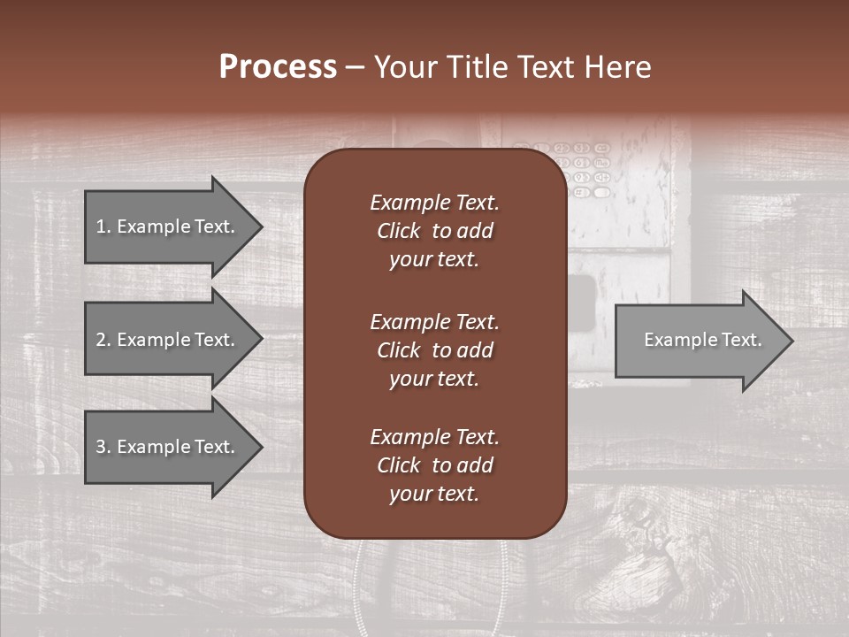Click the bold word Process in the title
coord(278,67)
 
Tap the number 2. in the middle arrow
coord(103,340)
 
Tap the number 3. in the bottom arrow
coord(103,447)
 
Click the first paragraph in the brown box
coord(434,230)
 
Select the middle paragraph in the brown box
coord(434,349)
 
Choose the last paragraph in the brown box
coord(434,465)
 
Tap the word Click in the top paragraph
coord(398,231)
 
